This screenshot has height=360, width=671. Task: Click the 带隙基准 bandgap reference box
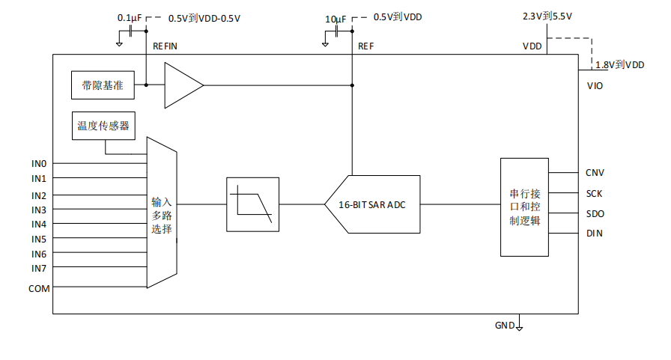point(103,85)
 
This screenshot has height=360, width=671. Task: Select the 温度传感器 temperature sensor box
point(103,126)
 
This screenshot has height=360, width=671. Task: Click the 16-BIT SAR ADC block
point(373,204)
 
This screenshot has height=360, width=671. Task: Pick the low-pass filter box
point(252,204)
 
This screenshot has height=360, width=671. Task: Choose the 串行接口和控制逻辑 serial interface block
point(524,207)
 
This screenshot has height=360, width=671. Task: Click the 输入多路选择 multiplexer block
point(162,213)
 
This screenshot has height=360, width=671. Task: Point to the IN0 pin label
point(39,163)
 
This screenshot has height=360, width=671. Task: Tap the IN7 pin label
point(39,268)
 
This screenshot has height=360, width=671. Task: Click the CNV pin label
point(595,173)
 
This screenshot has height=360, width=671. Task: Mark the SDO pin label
point(595,214)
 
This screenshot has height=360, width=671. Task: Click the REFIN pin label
point(165,46)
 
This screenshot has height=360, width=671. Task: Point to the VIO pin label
point(595,86)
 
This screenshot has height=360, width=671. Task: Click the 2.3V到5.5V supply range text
point(547,16)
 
